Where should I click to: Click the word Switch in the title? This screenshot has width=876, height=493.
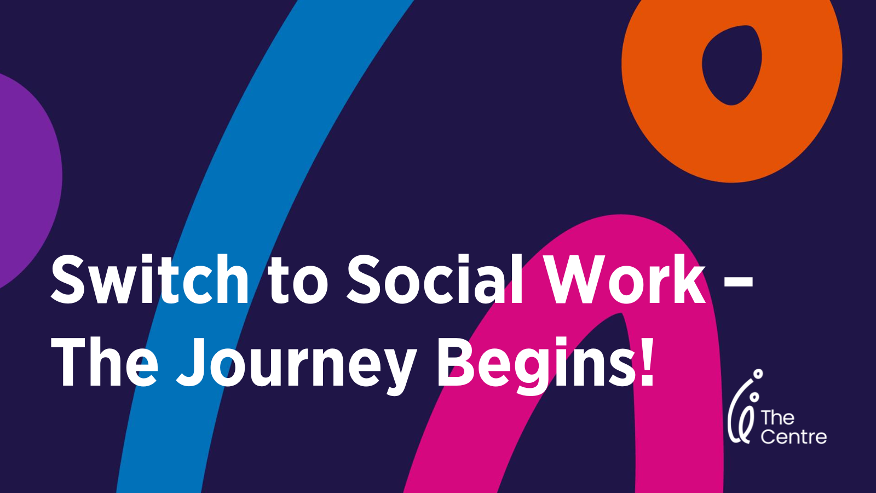(x=150, y=279)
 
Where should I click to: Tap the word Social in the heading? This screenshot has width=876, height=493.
(x=435, y=279)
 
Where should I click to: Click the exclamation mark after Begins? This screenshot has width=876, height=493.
(x=646, y=362)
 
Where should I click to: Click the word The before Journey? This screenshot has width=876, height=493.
(x=104, y=362)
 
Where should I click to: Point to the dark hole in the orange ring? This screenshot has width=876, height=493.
(x=732, y=65)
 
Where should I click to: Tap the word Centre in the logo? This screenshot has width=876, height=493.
(x=793, y=437)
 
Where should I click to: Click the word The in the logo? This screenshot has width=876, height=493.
(x=777, y=418)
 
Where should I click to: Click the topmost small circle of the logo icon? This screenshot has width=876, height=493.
(x=758, y=374)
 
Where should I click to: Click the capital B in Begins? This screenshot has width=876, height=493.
(x=457, y=362)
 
